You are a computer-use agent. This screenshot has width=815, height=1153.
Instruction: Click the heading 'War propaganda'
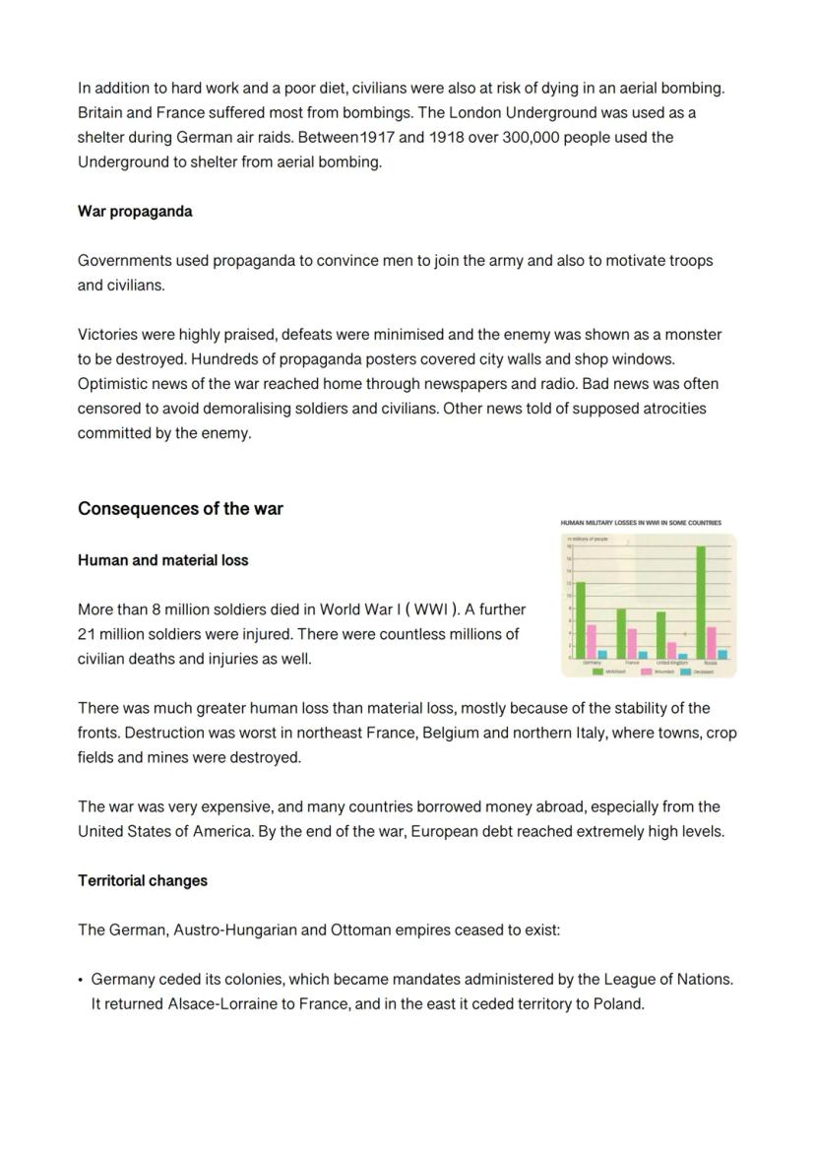[135, 212]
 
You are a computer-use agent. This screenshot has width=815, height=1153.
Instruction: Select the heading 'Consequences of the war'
[180, 509]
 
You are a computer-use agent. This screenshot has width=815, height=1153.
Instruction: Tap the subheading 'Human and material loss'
[162, 560]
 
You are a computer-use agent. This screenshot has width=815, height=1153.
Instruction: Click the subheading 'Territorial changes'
[143, 880]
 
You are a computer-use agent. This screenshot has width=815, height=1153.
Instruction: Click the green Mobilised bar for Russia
[701, 602]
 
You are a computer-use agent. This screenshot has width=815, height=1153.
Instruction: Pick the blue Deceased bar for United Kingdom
[683, 655]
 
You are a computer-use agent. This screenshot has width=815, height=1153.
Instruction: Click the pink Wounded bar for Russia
[712, 642]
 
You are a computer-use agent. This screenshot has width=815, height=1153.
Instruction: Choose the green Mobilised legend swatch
[597, 672]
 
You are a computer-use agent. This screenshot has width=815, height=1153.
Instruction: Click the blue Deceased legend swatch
[686, 672]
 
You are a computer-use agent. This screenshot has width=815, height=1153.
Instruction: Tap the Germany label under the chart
[592, 663]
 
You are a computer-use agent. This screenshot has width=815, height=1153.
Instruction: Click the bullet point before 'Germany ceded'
[81, 980]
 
